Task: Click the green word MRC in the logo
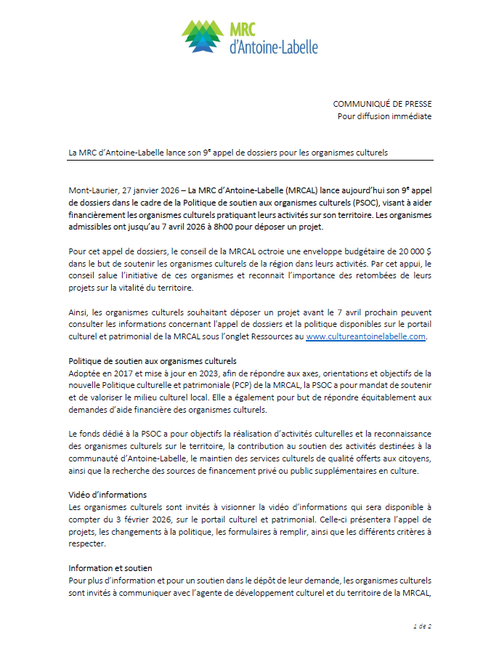tap(246, 28)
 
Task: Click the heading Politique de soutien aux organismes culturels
tap(153, 361)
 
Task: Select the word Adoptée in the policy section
tap(86, 373)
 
